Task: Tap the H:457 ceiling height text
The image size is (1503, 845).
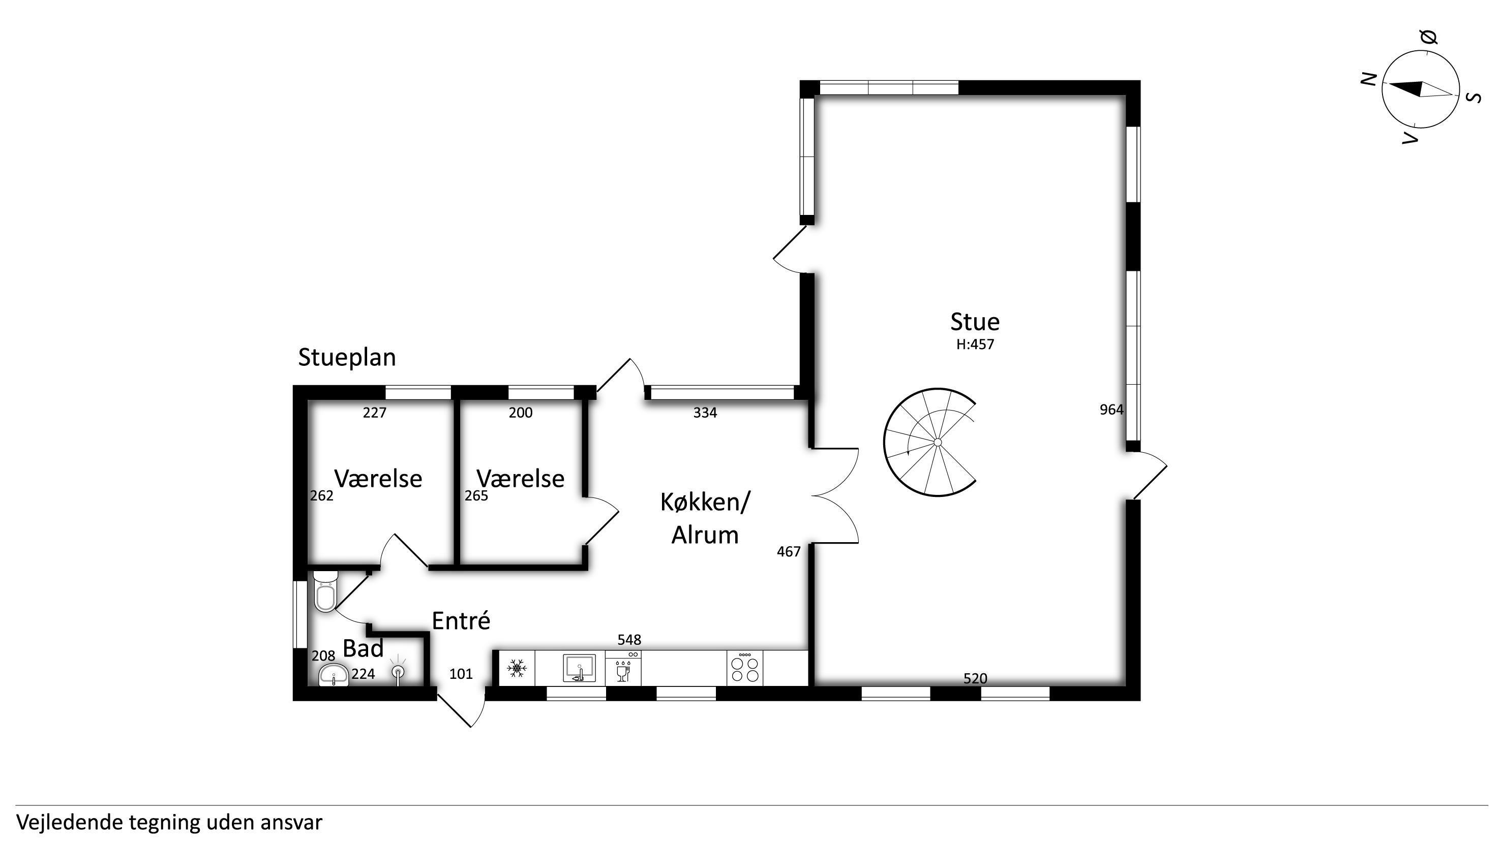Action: coord(975,345)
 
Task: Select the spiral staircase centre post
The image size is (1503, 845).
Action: coord(938,443)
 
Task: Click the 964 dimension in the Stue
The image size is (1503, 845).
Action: coord(1111,410)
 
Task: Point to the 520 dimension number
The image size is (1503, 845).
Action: coord(975,679)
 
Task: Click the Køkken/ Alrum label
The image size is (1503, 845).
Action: coord(705,518)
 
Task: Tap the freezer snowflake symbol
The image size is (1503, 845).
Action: coord(517,668)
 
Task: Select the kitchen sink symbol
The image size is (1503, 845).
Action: coord(579,668)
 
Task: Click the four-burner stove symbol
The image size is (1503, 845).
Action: coord(745,668)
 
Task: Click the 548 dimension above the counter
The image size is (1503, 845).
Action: coord(629,640)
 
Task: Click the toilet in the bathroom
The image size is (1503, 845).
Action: coord(325,591)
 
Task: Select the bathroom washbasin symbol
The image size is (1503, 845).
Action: coord(334,675)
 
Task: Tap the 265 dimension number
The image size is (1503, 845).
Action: coord(476,496)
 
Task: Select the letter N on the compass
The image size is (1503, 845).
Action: coord(1369,79)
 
